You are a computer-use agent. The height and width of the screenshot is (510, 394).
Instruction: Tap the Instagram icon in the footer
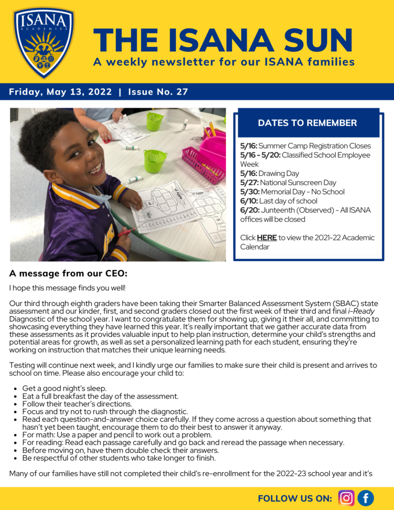click(346, 498)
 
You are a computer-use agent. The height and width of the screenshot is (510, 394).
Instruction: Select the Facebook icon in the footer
click(366, 498)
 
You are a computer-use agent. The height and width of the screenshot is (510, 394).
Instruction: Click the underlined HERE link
click(266, 238)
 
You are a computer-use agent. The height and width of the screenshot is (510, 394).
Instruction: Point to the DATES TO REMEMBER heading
click(307, 123)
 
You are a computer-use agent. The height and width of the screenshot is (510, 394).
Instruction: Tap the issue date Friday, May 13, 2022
click(61, 92)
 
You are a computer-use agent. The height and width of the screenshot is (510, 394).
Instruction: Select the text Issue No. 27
click(158, 92)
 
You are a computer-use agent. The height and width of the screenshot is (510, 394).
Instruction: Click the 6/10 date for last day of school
click(249, 201)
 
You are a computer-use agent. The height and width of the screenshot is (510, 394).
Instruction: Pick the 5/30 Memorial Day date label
click(249, 192)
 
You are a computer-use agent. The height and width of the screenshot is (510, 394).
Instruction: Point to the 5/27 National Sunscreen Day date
click(249, 183)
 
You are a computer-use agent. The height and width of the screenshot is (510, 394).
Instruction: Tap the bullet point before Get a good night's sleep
click(16, 388)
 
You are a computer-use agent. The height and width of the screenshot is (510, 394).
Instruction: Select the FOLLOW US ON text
click(295, 499)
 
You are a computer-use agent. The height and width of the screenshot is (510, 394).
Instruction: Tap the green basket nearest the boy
click(154, 161)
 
